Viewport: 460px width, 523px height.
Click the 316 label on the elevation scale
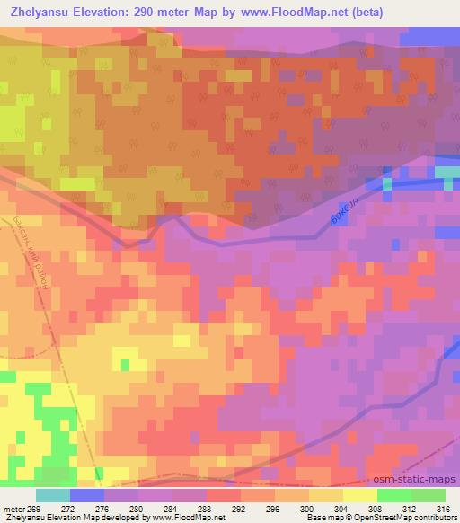pos(443,508)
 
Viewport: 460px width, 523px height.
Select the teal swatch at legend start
pos(52,495)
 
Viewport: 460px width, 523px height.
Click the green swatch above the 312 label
pos(394,495)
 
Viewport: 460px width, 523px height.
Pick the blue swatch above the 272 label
pos(86,495)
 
